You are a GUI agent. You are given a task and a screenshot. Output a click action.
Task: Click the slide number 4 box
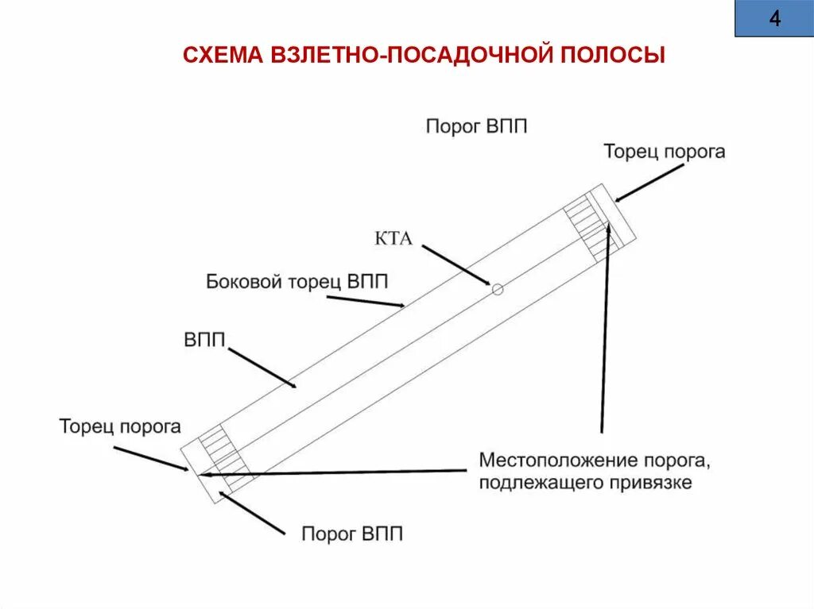click(773, 19)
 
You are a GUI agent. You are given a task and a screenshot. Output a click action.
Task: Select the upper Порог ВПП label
click(476, 126)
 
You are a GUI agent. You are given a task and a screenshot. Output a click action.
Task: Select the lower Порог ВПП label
click(352, 534)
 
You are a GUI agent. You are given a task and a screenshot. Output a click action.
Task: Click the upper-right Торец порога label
click(664, 151)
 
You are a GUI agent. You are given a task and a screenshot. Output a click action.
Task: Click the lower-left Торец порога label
click(120, 426)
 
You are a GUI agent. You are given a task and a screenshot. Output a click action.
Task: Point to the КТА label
click(393, 238)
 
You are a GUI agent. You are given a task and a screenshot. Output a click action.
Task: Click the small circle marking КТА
click(498, 289)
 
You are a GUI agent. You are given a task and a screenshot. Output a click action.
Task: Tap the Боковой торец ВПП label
click(298, 281)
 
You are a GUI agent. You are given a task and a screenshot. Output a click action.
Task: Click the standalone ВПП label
click(205, 341)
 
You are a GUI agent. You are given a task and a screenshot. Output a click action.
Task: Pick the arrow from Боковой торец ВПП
click(366, 301)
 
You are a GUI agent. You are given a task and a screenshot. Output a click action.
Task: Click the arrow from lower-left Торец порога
click(151, 458)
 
